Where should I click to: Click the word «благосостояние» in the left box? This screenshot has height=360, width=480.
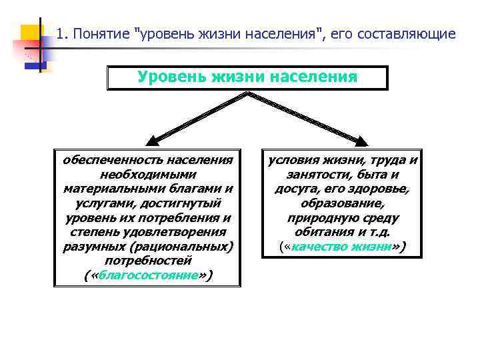[x=147, y=275]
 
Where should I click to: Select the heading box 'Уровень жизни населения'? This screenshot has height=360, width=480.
[x=247, y=77]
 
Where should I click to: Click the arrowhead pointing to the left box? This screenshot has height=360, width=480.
[x=152, y=140]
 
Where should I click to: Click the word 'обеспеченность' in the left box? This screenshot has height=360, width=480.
[x=112, y=160]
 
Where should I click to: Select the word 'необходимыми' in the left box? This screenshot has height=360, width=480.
[x=147, y=174]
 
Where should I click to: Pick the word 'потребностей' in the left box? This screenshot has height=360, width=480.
[x=147, y=261]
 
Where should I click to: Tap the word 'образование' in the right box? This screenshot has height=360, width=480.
[x=343, y=203]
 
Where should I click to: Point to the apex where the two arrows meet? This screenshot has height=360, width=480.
[x=248, y=93]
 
